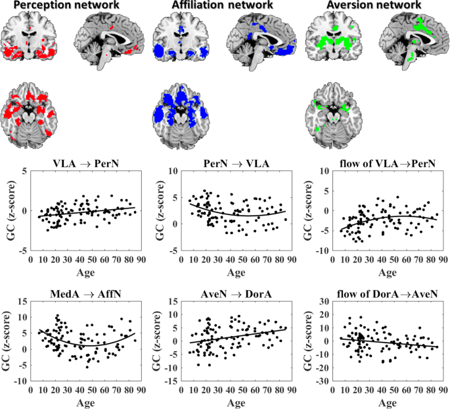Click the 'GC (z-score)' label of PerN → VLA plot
point(164,210)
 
